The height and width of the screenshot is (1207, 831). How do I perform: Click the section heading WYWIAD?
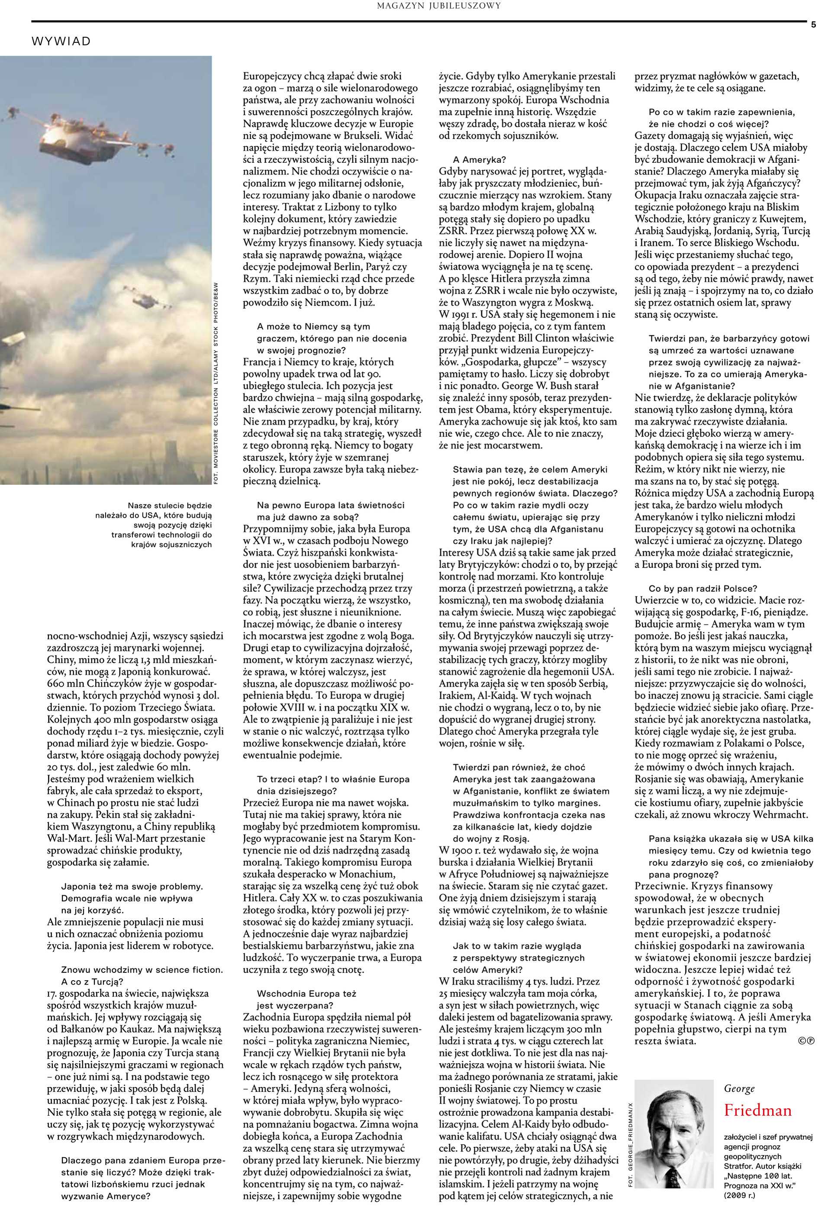click(61, 42)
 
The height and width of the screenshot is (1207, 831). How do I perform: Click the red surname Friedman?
click(757, 1110)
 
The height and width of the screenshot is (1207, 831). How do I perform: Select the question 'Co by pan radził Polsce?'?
click(703, 588)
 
